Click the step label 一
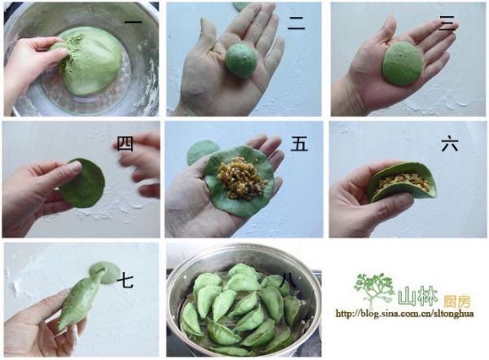click(133, 22)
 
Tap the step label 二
click(296, 24)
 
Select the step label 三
click(447, 24)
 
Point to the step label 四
click(125, 144)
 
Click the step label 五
click(299, 144)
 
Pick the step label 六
click(450, 144)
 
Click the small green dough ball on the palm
click(241, 61)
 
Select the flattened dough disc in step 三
click(403, 64)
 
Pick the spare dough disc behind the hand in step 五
click(202, 151)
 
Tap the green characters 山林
click(418, 297)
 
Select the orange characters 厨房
click(456, 301)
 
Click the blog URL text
click(404, 314)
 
